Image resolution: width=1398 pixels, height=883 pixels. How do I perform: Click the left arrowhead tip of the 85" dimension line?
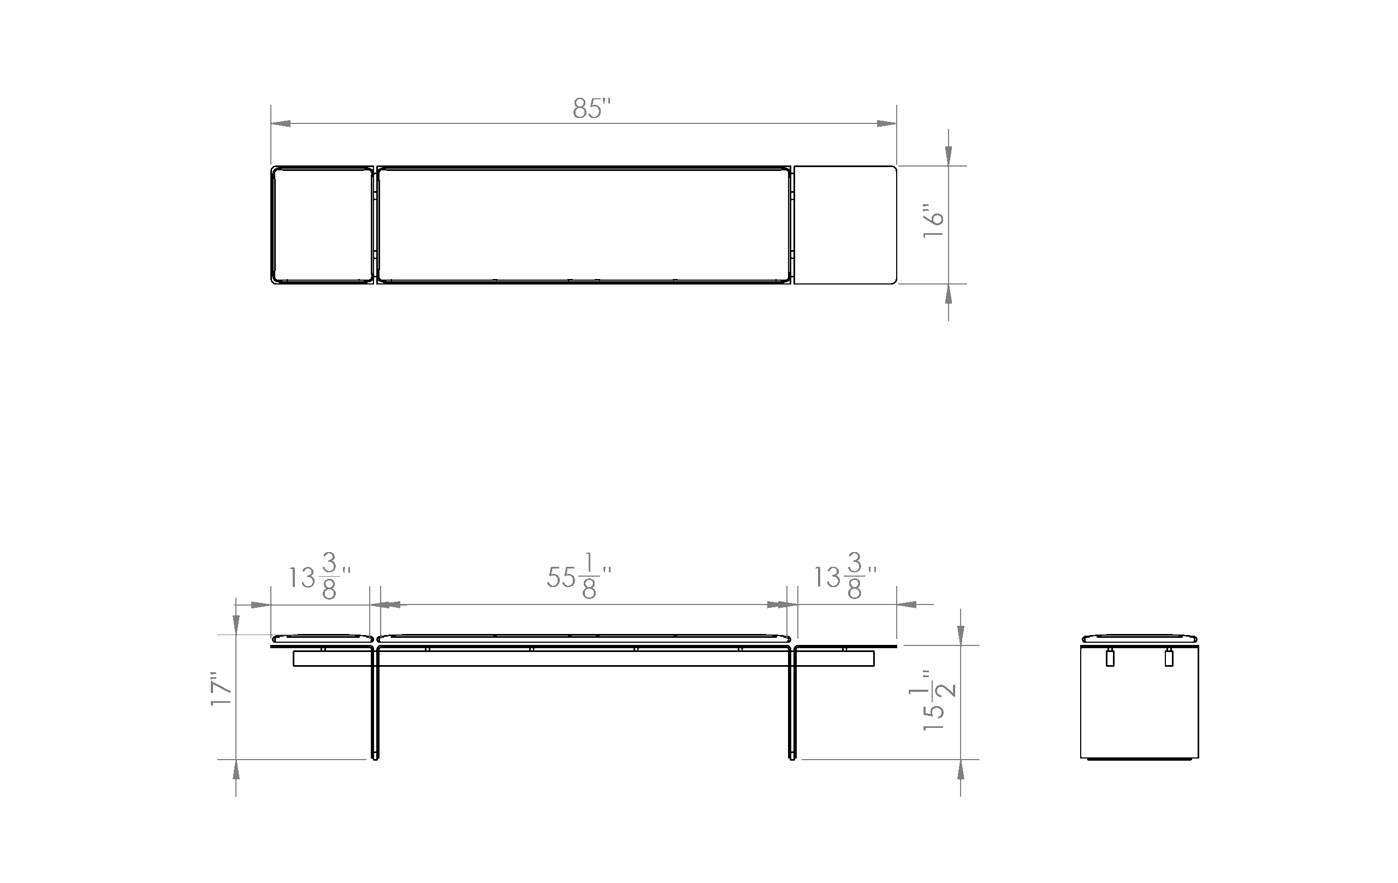coord(271,123)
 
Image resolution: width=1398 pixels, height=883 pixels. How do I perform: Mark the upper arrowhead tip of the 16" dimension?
coord(949,166)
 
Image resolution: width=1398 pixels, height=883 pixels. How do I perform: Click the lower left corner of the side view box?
coord(1081,757)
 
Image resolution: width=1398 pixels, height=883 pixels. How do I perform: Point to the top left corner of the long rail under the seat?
coord(294,651)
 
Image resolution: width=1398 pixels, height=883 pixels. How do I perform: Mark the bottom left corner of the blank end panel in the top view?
coord(794,284)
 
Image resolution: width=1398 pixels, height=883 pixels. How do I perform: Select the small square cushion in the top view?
coord(323,224)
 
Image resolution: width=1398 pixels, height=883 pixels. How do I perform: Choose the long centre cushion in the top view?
coord(583,224)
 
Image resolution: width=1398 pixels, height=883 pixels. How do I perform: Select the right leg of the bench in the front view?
coord(792,702)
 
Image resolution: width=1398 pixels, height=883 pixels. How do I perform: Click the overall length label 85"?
coord(591,109)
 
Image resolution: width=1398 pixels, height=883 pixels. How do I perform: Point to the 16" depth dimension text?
coord(934,220)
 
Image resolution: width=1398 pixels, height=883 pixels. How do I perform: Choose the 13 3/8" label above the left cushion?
coord(320,576)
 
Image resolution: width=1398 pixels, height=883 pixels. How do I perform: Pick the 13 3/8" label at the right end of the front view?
coord(845,576)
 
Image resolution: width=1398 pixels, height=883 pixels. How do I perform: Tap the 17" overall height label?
coord(221,690)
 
